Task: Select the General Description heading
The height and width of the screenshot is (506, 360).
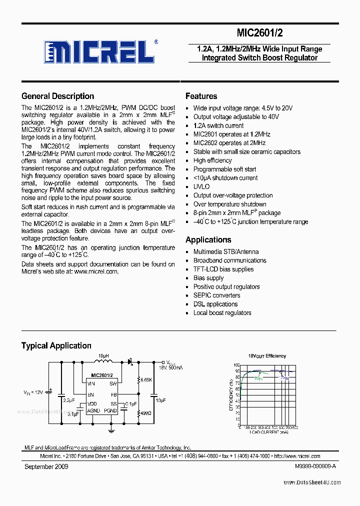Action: [x=57, y=96]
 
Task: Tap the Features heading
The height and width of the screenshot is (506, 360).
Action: [x=201, y=96]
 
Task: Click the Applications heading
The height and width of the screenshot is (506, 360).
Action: [x=208, y=240]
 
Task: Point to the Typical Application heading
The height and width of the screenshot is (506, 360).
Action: [x=56, y=345]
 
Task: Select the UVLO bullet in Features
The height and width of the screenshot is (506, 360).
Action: [x=201, y=187]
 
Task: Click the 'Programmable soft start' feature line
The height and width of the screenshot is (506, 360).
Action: [x=224, y=169]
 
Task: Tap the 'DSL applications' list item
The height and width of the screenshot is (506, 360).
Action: [x=215, y=304]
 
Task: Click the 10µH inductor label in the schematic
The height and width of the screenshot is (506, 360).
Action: [x=102, y=356]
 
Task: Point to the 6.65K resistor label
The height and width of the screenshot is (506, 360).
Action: [x=146, y=380]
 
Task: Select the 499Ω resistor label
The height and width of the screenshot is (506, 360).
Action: [x=146, y=413]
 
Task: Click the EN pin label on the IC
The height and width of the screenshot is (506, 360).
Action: [x=90, y=394]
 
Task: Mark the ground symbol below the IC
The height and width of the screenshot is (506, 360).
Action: [x=111, y=429]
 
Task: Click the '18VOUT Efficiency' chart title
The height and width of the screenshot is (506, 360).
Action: [x=267, y=356]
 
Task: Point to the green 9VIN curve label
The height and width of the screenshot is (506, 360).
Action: [x=257, y=378]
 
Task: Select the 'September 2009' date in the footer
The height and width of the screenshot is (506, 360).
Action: [x=46, y=466]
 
